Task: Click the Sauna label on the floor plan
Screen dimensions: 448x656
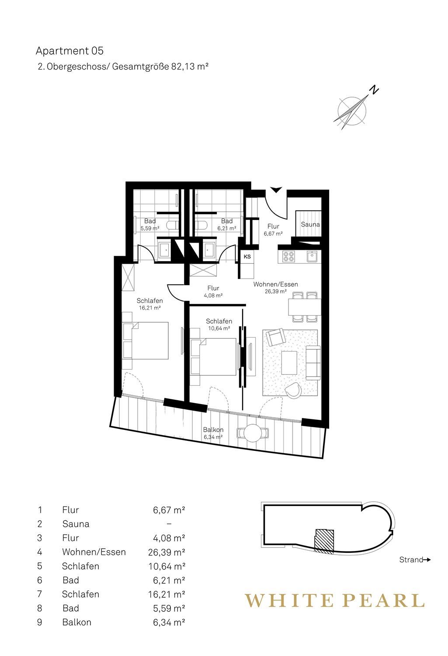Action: (x=310, y=225)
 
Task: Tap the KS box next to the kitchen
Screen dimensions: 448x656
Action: (x=247, y=257)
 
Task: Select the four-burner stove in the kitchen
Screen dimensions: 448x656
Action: (x=289, y=256)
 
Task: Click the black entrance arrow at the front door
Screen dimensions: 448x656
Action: (x=276, y=190)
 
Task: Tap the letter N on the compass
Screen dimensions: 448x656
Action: (x=374, y=90)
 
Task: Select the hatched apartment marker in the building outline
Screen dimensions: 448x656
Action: (x=324, y=541)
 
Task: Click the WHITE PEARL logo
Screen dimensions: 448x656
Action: (x=334, y=600)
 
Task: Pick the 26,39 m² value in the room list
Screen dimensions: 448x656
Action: (x=167, y=552)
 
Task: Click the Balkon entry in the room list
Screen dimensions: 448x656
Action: (x=76, y=622)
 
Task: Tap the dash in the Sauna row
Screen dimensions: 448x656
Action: (x=169, y=524)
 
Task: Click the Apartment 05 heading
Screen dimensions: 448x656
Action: (x=69, y=51)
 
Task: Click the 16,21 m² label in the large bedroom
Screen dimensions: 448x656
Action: (x=150, y=308)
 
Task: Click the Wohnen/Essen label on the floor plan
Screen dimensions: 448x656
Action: (x=276, y=284)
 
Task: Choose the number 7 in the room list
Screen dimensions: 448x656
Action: (x=40, y=594)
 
